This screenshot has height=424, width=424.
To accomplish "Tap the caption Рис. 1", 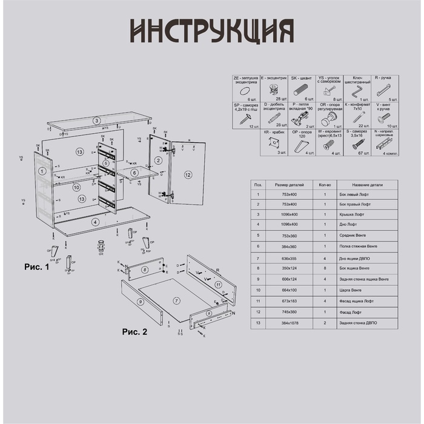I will coord(36,266).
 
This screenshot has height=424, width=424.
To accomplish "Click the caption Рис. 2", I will coord(135,331).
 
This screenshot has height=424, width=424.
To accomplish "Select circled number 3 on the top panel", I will coord(96,121).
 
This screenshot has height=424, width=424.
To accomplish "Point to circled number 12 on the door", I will coord(188,175).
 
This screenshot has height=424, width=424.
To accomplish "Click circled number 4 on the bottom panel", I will coord(95,222).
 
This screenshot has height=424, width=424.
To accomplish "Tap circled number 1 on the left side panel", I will coord(42,172).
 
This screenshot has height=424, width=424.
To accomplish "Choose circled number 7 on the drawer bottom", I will coord(176,301).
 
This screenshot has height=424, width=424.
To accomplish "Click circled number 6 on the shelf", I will coord(134,173).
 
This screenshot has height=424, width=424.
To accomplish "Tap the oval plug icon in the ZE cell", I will coord(245,91).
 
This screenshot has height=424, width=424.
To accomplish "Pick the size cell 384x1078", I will coord(285,323).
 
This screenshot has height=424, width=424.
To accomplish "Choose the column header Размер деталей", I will coord(285,185).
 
